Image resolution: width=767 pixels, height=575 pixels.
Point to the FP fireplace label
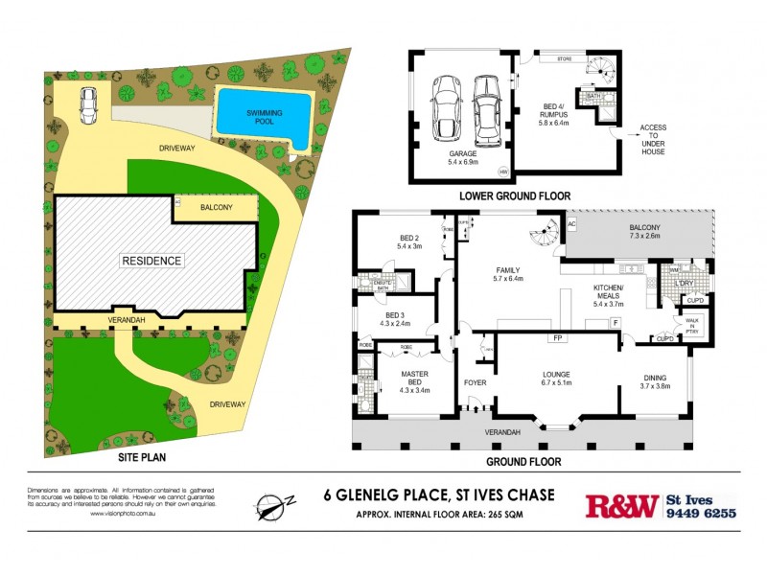pos(555,338)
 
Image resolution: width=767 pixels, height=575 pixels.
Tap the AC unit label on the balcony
pos(571,224)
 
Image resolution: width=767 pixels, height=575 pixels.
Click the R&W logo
pos(621,505)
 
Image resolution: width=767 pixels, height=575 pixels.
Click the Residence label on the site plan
pos(151,260)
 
